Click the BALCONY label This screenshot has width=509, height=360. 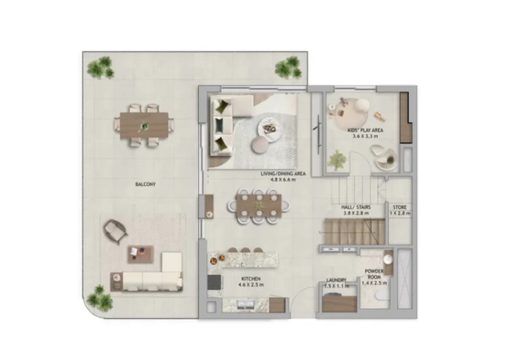click(145, 184)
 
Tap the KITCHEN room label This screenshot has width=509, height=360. click(250, 279)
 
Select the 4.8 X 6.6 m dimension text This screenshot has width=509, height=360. click(283, 179)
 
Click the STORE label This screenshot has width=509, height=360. click(400, 207)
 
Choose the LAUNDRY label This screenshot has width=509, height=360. click(336, 280)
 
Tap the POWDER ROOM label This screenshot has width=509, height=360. click(374, 275)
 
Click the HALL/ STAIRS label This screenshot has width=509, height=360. click(356, 207)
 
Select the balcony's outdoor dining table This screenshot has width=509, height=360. click(144, 126)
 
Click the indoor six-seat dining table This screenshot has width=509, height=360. click(259, 206)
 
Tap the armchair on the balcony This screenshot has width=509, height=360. click(115, 231)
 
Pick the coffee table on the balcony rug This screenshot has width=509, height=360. click(140, 254)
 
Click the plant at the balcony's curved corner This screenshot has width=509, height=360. click(100, 298)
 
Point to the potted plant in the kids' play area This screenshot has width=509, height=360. click(337, 160)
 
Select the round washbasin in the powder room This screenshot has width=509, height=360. click(388, 259)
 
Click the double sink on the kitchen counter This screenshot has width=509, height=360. click(246, 305)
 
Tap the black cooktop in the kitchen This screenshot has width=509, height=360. click(214, 282)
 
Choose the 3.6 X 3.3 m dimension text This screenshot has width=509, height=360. click(365, 137)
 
